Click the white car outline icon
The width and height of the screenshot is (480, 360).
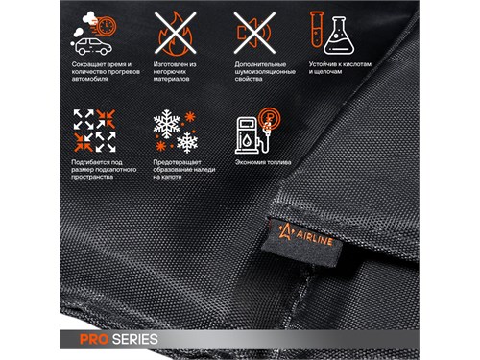(93, 47)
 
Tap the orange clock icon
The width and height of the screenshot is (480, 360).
(107, 26)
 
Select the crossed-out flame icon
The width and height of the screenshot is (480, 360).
(175, 33)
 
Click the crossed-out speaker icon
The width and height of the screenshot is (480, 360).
(254, 33)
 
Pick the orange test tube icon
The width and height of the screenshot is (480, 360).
(317, 29)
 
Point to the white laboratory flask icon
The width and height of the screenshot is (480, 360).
(339, 36)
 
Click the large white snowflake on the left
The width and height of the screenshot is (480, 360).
(166, 124)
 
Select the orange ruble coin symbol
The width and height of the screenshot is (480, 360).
(269, 118)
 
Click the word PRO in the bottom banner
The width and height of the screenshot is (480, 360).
(94, 339)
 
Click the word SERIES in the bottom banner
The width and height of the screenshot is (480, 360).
(135, 339)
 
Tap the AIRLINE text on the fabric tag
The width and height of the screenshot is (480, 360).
(314, 238)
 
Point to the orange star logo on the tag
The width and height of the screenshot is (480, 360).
(285, 231)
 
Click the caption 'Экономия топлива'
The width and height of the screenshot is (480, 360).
(263, 162)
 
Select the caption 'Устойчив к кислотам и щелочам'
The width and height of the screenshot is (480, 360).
(340, 68)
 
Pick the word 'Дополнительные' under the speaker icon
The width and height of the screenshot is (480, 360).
(260, 65)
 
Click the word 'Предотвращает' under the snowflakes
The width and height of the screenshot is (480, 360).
(177, 162)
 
